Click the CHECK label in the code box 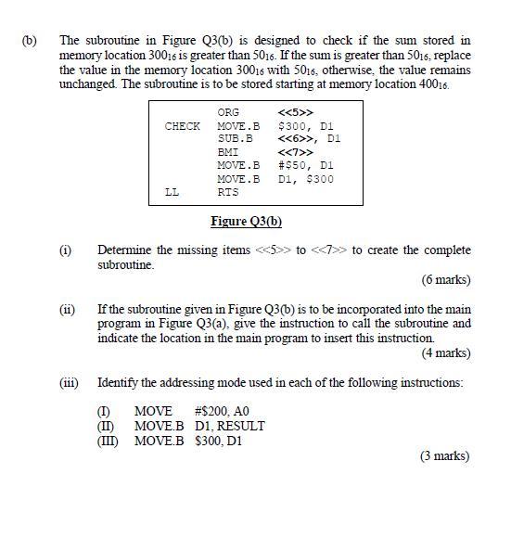182,126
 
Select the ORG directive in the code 227,113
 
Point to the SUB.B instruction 235,139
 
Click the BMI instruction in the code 227,152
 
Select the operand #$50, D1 305,165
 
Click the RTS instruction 227,192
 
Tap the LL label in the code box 172,192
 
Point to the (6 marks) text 445,279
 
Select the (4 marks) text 445,352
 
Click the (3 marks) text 445,455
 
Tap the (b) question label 29,41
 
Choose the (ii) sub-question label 66,310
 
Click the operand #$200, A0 222,412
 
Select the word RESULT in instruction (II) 244,427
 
